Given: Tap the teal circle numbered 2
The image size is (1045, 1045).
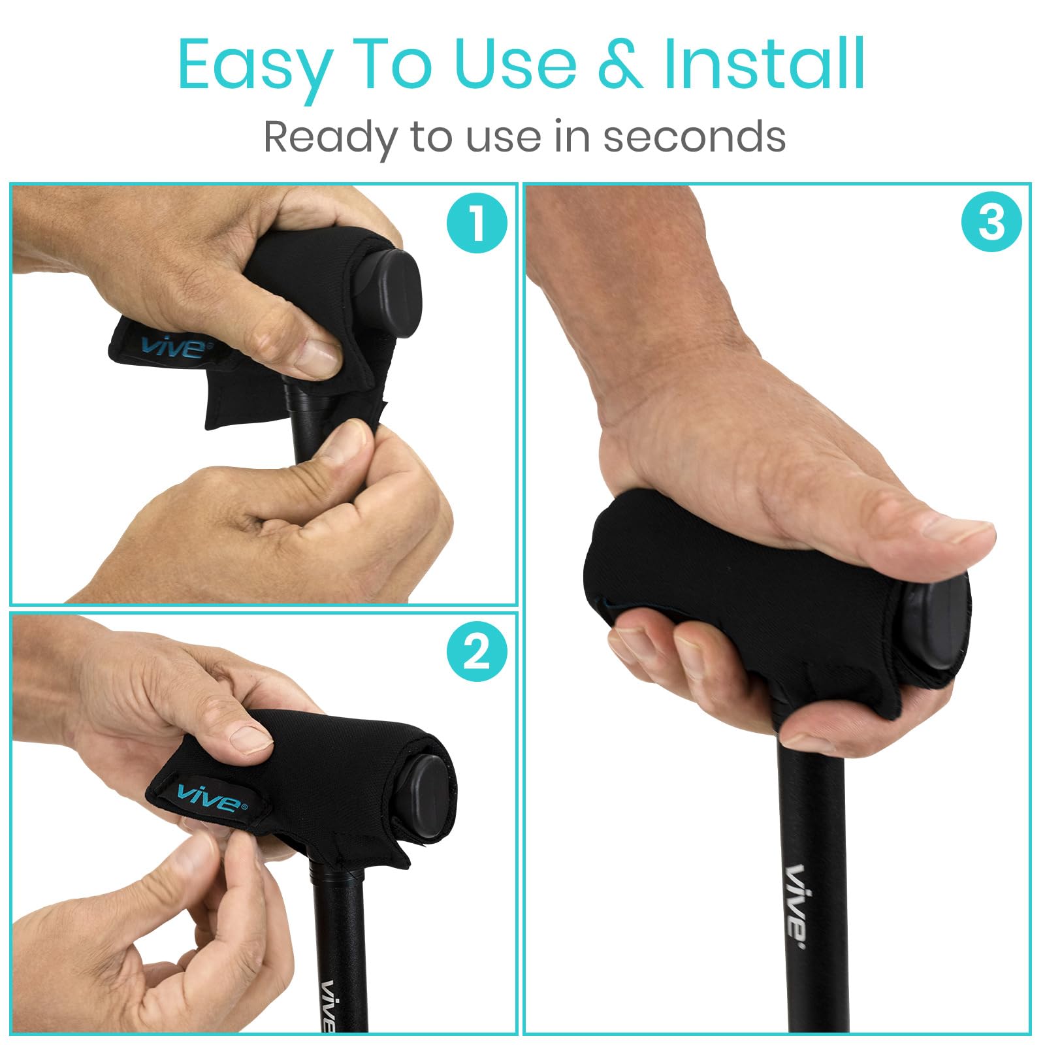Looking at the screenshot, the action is pos(477,651).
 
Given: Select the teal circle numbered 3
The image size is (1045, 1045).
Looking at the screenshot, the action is pos(991,222).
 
